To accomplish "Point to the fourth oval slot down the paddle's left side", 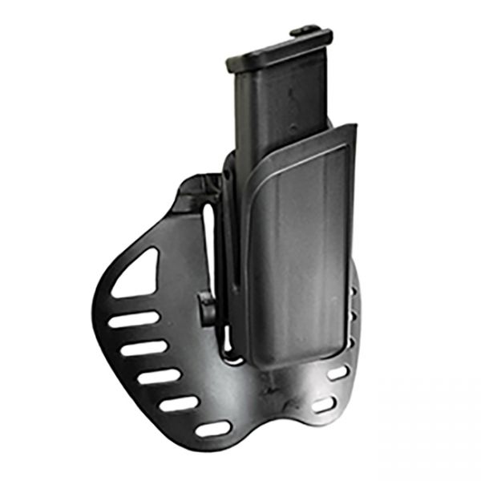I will coord(178,403).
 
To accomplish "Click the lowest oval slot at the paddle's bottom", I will coord(213,429).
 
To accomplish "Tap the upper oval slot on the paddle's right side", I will coord(338,373).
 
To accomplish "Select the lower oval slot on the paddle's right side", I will coord(324,405).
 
